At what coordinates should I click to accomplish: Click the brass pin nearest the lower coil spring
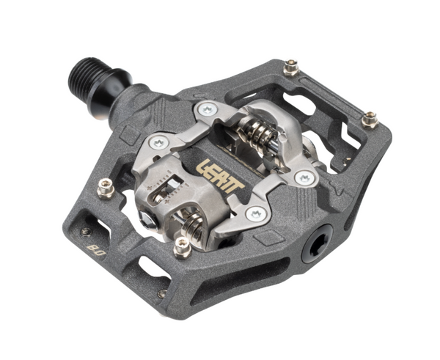[180, 249]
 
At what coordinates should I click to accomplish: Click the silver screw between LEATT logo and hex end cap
[255, 214]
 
